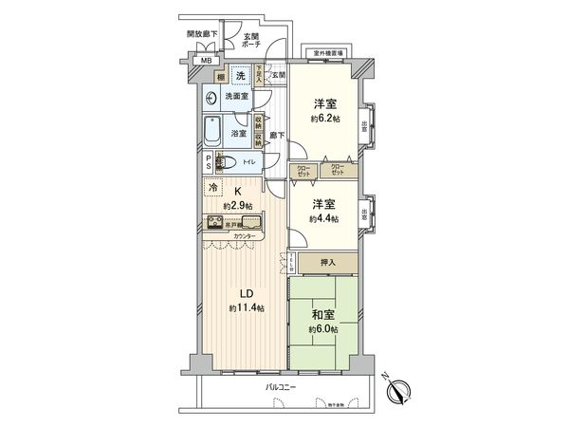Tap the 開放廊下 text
tap(202, 34)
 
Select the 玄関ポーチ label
tap(253, 42)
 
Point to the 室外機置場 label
tap(324, 54)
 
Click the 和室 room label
tap(323, 314)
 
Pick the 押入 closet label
tap(323, 262)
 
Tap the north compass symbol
tap(399, 389)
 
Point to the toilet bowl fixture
tap(223, 162)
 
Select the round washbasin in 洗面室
tap(210, 96)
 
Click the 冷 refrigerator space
tap(212, 188)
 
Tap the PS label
tap(208, 162)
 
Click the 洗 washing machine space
tap(240, 76)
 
